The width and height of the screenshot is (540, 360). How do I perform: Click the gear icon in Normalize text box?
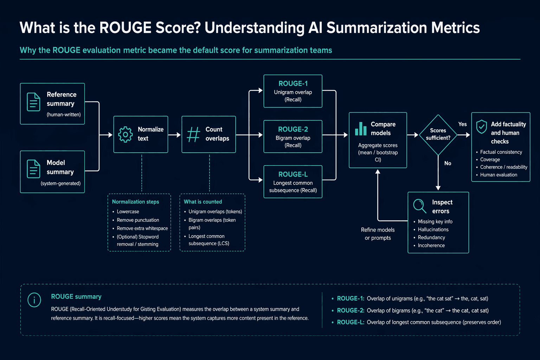click(x=126, y=134)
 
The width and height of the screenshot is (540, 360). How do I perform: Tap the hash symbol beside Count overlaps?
click(x=193, y=134)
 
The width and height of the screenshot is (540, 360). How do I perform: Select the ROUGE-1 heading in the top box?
click(x=293, y=83)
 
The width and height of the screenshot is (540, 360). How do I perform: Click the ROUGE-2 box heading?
click(x=293, y=129)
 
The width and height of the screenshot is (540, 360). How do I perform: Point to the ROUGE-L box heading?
click(x=293, y=174)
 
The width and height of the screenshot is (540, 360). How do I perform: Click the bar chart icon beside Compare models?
click(x=361, y=129)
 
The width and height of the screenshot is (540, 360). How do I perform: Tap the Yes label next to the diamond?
click(x=462, y=124)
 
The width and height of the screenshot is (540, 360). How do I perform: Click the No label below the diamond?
click(x=448, y=163)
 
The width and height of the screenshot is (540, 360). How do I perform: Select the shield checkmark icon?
click(x=481, y=127)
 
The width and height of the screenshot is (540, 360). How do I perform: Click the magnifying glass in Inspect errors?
click(x=419, y=206)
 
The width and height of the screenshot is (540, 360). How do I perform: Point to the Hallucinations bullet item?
click(x=433, y=230)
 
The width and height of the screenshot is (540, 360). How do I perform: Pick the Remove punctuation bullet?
click(x=138, y=220)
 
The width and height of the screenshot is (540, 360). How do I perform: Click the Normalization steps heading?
click(x=135, y=201)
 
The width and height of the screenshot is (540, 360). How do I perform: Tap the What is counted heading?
click(x=203, y=201)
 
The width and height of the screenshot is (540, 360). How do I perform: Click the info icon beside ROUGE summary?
click(x=34, y=300)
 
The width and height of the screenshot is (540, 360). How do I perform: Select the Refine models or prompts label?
click(x=378, y=234)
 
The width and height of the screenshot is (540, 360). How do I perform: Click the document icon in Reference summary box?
click(x=33, y=102)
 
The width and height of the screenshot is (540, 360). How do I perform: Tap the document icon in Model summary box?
click(x=33, y=169)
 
